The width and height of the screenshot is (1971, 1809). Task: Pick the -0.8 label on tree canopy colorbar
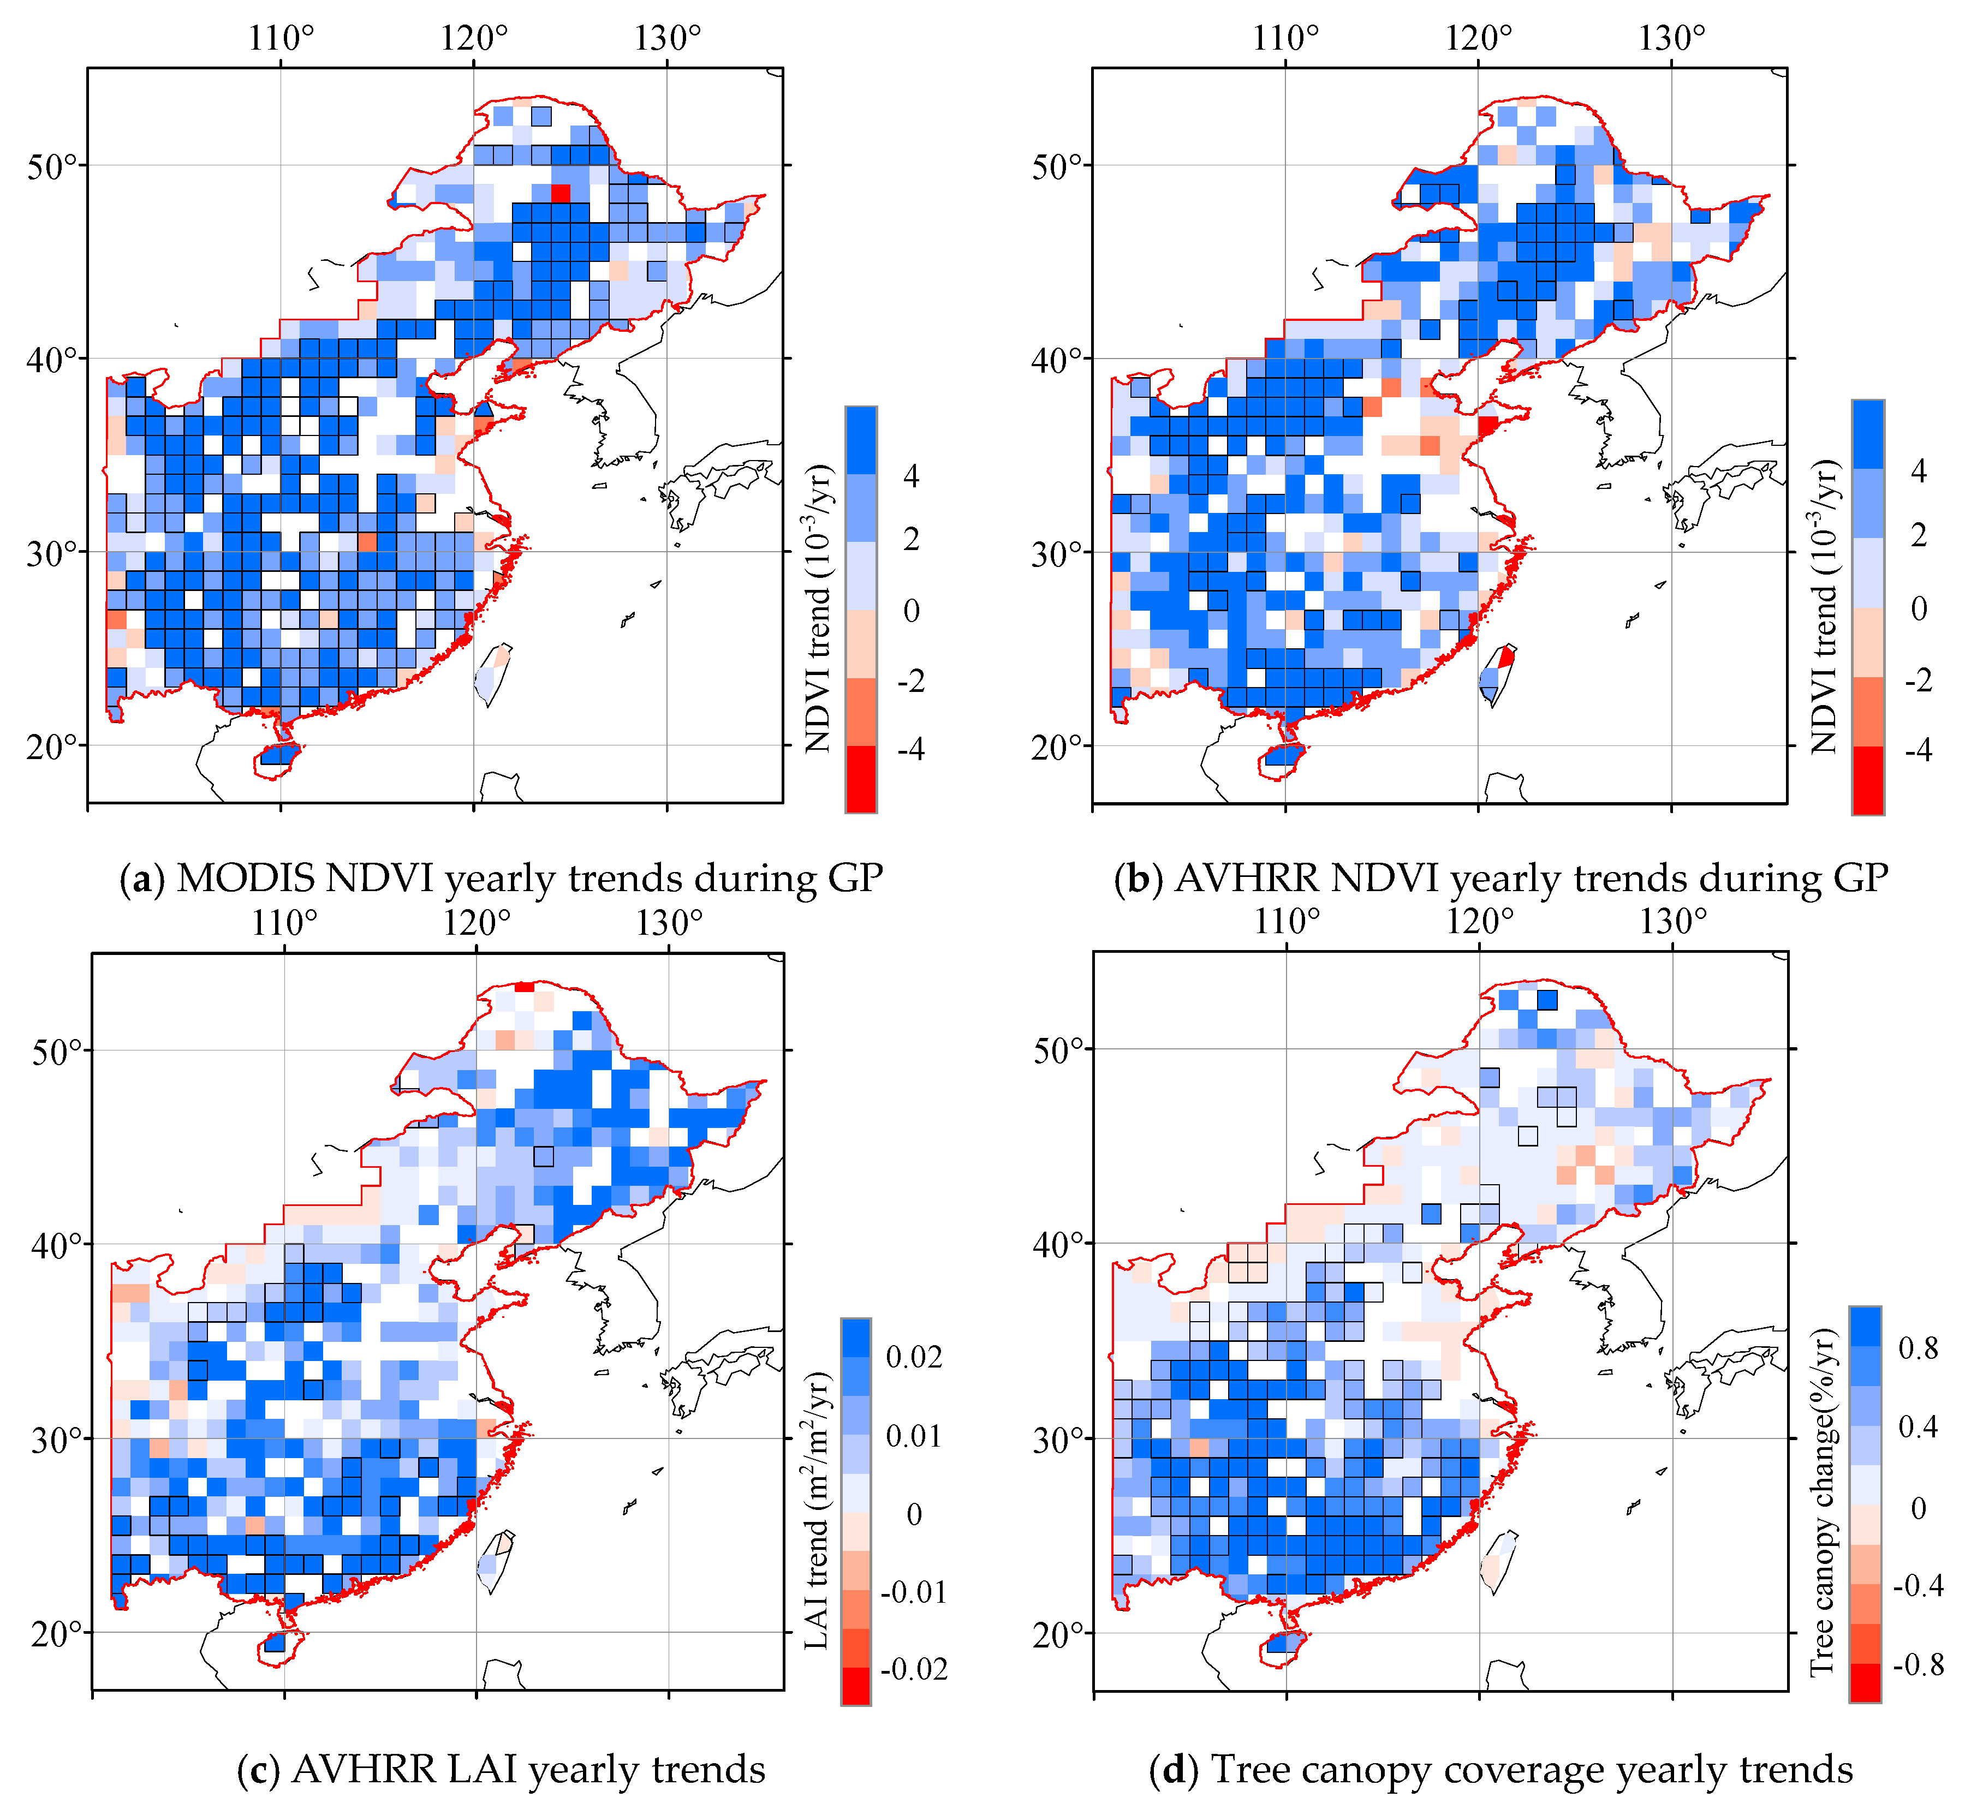click(1917, 1664)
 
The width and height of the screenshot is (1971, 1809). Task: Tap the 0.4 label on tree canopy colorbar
click(1917, 1427)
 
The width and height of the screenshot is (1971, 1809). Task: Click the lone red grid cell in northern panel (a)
click(560, 193)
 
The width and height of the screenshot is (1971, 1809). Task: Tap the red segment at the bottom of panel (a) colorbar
click(861, 779)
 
